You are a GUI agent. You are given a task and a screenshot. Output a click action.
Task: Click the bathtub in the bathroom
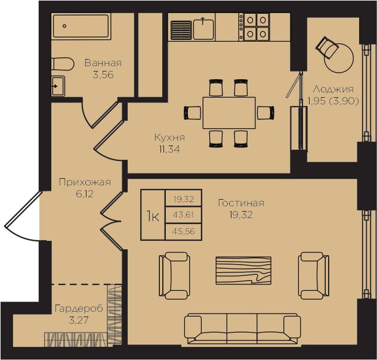tap(81, 26)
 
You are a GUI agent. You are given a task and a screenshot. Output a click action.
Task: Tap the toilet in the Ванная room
tap(63, 64)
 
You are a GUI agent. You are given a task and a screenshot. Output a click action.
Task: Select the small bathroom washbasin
tap(58, 86)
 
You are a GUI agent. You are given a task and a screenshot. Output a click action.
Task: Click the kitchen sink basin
tap(203, 29)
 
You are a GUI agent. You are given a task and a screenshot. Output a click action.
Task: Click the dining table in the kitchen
tap(229, 113)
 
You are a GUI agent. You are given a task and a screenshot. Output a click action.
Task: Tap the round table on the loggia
tap(339, 58)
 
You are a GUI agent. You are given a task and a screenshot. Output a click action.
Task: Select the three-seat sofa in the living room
tap(242, 330)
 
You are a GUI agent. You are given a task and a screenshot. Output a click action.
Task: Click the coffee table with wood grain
tap(243, 271)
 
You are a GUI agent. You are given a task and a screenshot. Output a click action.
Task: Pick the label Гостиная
tap(241, 203)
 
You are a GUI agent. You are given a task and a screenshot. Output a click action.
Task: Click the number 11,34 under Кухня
tap(169, 150)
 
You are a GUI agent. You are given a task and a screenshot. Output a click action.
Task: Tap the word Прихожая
tap(85, 182)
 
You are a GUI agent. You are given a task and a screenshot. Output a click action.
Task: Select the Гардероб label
tap(79, 308)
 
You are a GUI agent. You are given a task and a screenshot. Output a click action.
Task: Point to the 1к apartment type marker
tap(153, 215)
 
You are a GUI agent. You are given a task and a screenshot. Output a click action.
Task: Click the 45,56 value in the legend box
tap(184, 231)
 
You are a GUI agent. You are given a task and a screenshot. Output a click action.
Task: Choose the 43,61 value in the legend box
tap(183, 214)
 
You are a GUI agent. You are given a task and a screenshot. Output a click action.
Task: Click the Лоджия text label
tap(333, 89)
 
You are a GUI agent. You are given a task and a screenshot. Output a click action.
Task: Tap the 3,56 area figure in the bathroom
tap(103, 75)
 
